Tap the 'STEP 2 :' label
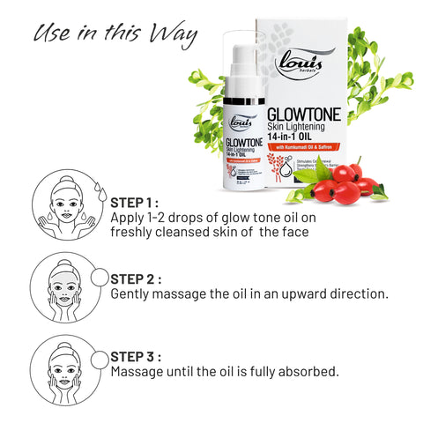136,278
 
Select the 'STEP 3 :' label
136,357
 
